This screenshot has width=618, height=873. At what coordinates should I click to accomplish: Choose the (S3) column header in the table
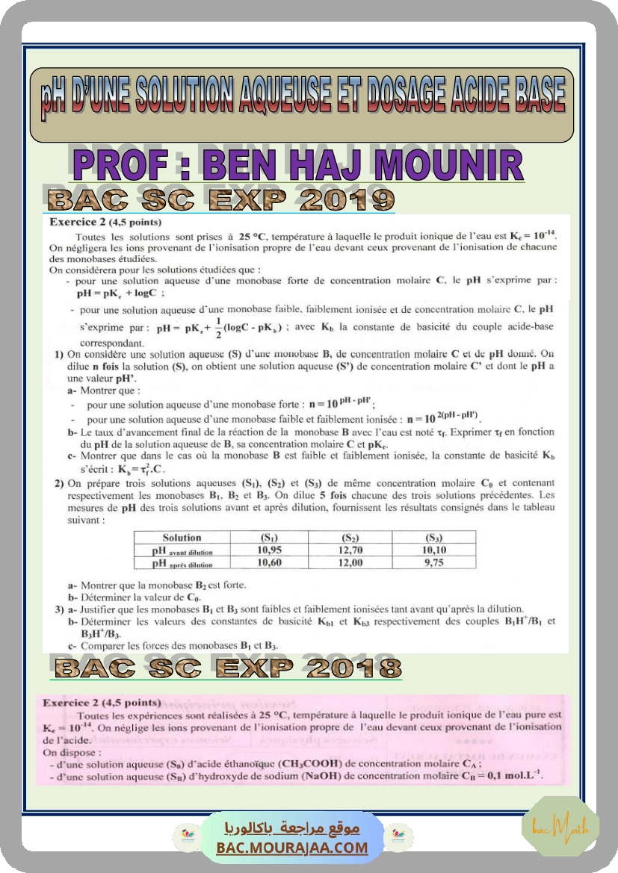[433, 538]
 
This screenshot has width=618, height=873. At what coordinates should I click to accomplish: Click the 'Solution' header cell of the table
[182, 538]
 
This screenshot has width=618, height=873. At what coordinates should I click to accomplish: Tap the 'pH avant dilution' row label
[182, 551]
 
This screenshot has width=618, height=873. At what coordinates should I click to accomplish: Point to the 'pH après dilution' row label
[182, 564]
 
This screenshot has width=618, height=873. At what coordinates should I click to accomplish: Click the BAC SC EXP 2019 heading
[220, 199]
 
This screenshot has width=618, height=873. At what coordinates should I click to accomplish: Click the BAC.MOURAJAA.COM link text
[292, 848]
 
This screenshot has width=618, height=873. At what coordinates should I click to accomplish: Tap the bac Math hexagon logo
[570, 827]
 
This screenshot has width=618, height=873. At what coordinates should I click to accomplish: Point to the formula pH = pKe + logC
[114, 293]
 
